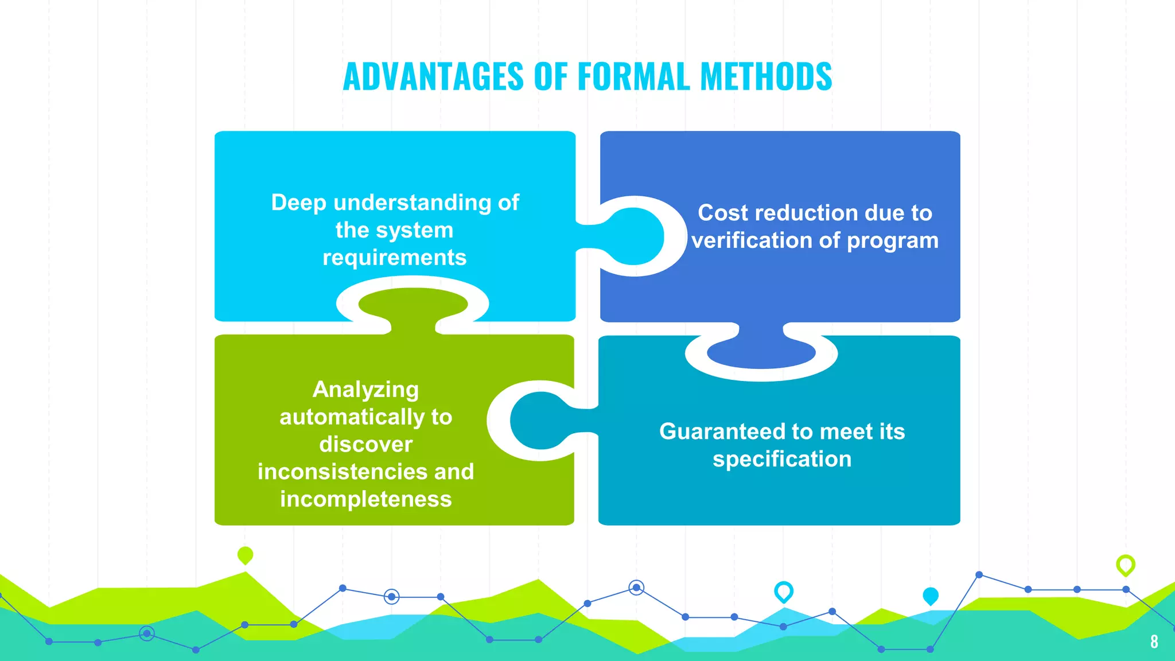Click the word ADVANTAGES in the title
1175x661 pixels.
(x=433, y=76)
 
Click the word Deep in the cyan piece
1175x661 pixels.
(x=298, y=203)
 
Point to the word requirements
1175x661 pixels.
(x=394, y=258)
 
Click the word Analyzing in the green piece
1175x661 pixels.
(x=365, y=390)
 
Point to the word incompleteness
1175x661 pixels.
(x=365, y=499)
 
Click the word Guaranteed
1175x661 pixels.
(x=722, y=431)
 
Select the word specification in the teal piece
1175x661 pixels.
(x=782, y=459)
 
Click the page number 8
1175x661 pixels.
(x=1154, y=641)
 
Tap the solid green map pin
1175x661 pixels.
(x=245, y=555)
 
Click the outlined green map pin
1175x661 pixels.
(x=1125, y=565)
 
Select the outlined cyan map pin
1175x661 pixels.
(x=783, y=591)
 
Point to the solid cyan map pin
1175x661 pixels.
(x=930, y=596)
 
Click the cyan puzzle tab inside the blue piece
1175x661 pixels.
(x=634, y=236)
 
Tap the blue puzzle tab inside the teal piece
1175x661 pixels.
(x=761, y=352)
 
